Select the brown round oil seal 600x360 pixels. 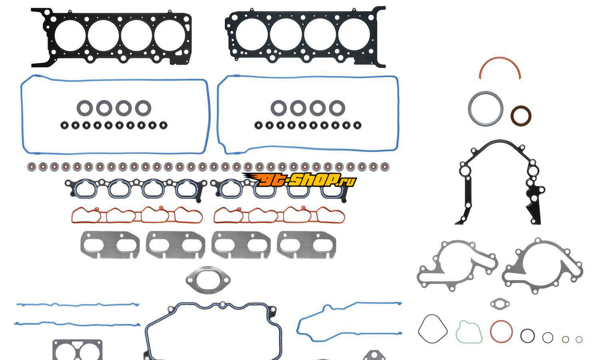[x=521, y=116]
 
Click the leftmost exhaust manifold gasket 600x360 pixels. [x=110, y=244]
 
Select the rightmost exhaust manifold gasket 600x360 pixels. [x=306, y=244]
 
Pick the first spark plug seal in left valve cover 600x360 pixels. [x=85, y=108]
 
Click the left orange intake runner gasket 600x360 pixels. [x=137, y=215]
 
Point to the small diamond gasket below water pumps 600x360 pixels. [x=500, y=304]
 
